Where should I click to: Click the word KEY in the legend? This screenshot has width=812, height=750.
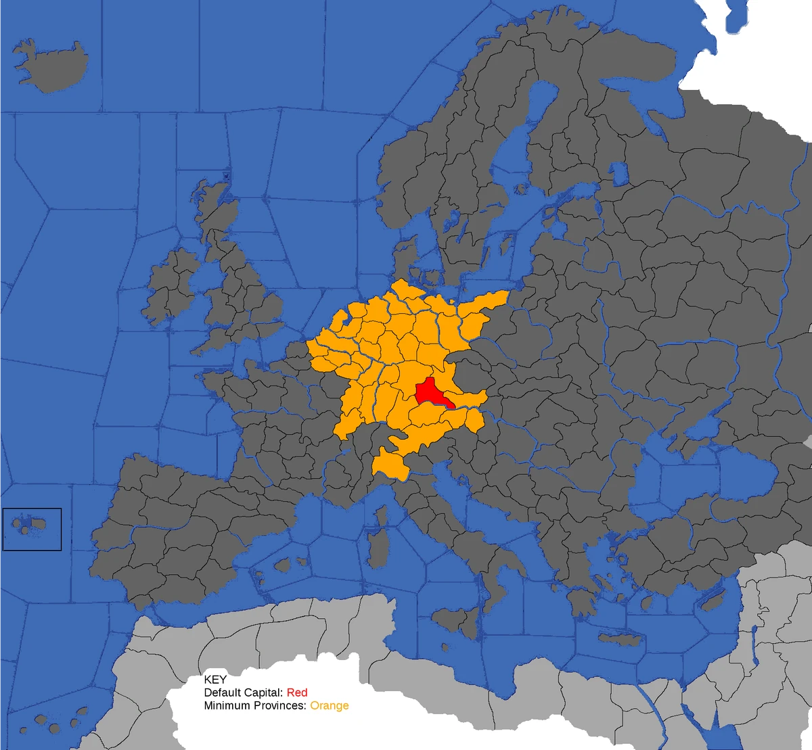coord(215,680)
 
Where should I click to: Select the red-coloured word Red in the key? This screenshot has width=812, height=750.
coord(297,693)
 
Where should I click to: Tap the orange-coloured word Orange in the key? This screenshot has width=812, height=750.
coord(330,705)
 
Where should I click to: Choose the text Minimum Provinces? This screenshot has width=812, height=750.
coord(256,705)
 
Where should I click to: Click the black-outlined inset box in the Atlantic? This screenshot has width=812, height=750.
coord(32,529)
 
